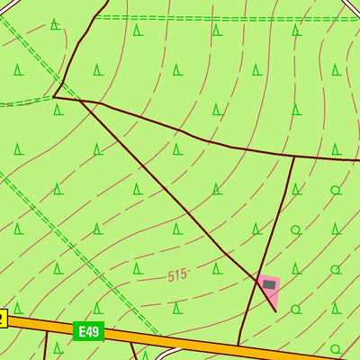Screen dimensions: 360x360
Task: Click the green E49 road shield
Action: [87, 332]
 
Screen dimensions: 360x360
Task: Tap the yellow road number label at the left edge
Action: [3, 318]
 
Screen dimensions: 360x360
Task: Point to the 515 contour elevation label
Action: [177, 275]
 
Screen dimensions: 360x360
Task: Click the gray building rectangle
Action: [269, 284]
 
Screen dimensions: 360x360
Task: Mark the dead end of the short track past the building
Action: [275, 311]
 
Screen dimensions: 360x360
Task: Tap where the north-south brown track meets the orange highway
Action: [238, 344]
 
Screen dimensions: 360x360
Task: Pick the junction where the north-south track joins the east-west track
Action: [293, 156]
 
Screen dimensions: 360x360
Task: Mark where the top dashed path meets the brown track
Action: [94, 17]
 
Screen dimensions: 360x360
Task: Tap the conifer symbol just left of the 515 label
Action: [137, 268]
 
